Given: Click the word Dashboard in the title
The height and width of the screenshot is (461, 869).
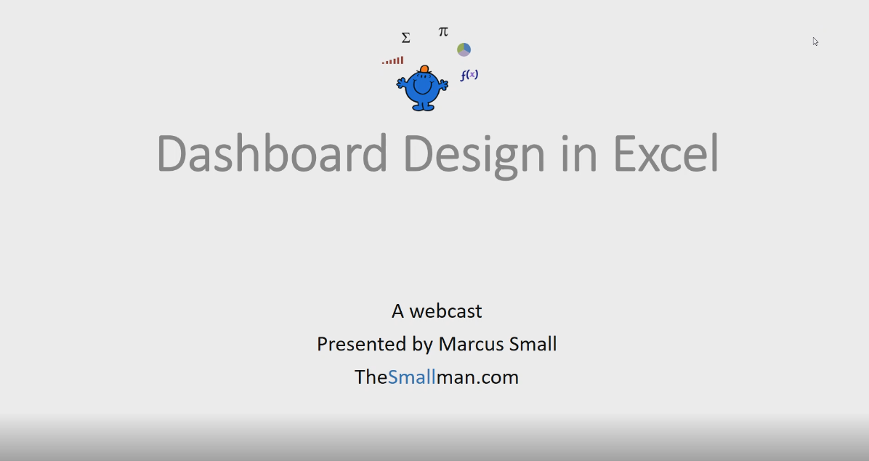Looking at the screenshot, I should tap(272, 154).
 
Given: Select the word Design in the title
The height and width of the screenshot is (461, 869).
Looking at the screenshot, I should tap(474, 154).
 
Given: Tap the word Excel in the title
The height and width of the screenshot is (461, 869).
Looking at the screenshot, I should tap(665, 154).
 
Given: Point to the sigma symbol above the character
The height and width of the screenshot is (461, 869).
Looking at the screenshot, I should tap(405, 38).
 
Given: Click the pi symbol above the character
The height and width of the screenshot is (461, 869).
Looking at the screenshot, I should tap(443, 32).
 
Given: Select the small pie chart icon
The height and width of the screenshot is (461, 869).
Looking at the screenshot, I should tap(464, 49).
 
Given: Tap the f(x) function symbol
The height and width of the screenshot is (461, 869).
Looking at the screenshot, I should tap(469, 75).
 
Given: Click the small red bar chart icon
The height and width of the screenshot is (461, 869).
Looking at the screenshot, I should tap(393, 61).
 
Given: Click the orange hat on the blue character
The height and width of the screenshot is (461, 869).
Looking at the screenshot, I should tap(424, 69).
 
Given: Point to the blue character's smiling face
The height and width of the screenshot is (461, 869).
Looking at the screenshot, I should tap(421, 87).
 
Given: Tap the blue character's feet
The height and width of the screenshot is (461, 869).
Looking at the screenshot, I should tap(423, 108).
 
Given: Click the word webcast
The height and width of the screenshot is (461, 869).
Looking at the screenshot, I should tap(445, 311).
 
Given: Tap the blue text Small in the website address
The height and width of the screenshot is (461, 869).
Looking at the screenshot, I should tap(411, 377).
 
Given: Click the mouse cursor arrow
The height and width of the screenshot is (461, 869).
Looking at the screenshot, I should tap(815, 41).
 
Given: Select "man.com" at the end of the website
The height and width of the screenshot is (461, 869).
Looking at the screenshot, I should tap(477, 377).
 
